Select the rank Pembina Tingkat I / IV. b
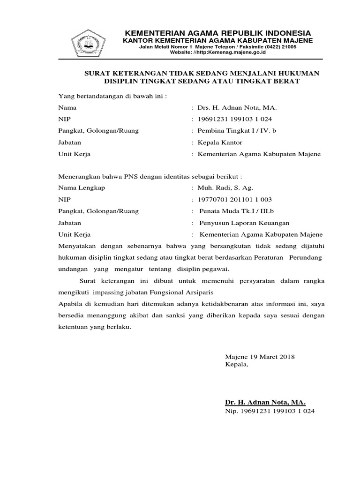pos(237,131)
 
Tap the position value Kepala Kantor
pos(220,142)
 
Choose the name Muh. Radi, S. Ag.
pos(225,188)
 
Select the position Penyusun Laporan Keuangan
pos(244,223)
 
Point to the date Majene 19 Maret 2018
pos(260,357)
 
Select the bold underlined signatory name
pos(265,402)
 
